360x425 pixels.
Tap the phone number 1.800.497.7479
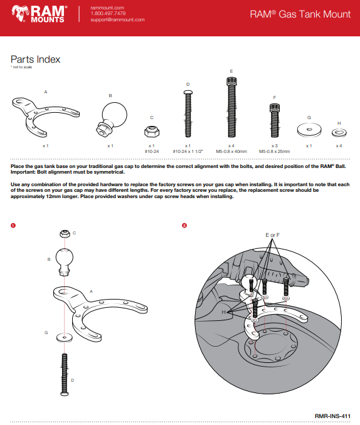[108, 13]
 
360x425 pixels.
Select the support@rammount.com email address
[117, 19]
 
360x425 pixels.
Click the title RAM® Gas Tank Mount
[300, 14]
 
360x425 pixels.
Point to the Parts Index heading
[35, 60]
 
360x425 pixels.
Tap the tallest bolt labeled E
[231, 106]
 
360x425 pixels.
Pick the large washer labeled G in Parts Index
[308, 130]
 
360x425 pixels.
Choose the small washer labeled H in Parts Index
[339, 132]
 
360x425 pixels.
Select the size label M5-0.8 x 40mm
[231, 151]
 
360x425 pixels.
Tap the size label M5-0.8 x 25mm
[274, 151]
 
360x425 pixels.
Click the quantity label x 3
[274, 145]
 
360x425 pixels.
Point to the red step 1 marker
[13, 225]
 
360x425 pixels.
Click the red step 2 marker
[184, 225]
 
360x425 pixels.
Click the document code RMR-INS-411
[332, 415]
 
